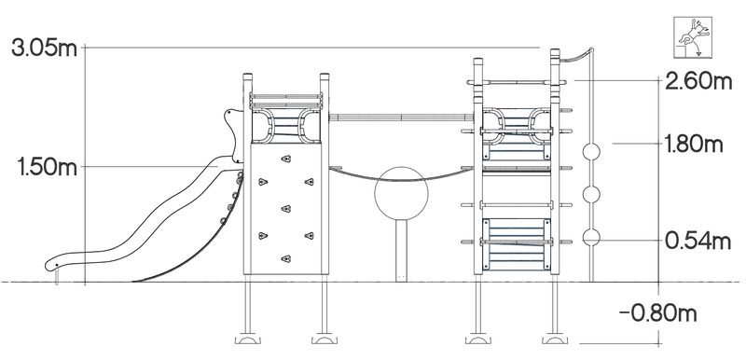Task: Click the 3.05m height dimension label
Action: point(44,48)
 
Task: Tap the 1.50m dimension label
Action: point(47,167)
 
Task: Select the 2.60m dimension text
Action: point(698,82)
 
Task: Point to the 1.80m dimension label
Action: point(694,145)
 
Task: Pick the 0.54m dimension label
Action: point(698,242)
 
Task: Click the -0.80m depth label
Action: point(658,313)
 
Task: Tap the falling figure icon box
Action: point(693,37)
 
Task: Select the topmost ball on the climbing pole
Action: point(591,152)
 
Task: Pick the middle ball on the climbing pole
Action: point(591,195)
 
